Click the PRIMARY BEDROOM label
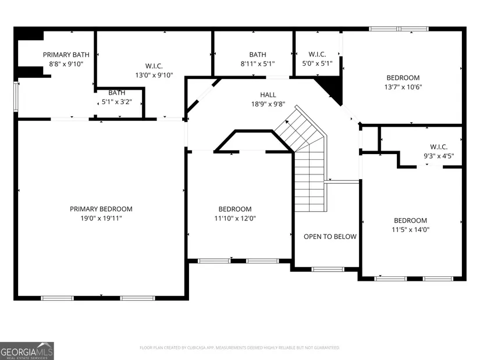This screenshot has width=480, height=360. (x=101, y=209)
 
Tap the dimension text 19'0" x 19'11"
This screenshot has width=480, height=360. (x=101, y=218)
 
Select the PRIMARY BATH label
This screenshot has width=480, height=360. (x=66, y=55)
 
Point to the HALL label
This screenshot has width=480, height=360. (x=268, y=95)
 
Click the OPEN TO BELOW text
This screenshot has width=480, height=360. (x=330, y=237)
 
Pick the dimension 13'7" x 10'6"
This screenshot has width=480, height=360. (x=403, y=87)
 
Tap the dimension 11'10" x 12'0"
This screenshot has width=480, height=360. (x=235, y=218)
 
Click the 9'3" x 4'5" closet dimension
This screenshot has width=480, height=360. (x=439, y=156)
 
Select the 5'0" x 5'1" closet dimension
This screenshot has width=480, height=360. (x=317, y=63)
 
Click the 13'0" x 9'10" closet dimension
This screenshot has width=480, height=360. (x=154, y=75)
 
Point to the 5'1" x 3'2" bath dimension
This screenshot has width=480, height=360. (x=116, y=102)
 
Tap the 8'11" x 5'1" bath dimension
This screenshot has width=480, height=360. (x=258, y=63)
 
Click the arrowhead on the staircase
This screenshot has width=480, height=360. (x=287, y=122)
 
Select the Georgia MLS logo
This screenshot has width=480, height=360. (x=27, y=351)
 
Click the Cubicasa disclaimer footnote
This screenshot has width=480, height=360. (x=240, y=348)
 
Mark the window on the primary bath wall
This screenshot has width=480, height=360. (x=16, y=97)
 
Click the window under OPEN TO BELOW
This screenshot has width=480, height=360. (x=328, y=269)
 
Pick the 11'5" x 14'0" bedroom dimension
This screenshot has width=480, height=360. (x=411, y=230)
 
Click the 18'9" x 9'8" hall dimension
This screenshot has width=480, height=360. (x=268, y=104)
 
